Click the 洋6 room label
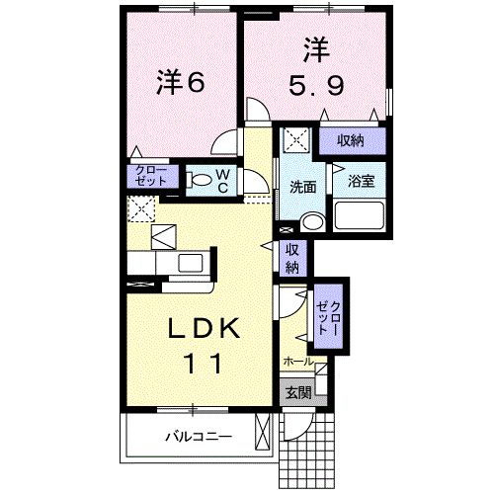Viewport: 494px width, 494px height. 180,83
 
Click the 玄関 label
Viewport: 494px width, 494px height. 298,391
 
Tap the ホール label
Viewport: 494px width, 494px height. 298,362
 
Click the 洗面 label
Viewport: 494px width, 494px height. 302,186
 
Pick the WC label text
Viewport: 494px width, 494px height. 222,180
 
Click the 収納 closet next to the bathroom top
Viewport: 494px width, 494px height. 349,141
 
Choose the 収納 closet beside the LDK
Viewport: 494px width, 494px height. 293,257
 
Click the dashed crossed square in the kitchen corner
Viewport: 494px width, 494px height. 142,208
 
